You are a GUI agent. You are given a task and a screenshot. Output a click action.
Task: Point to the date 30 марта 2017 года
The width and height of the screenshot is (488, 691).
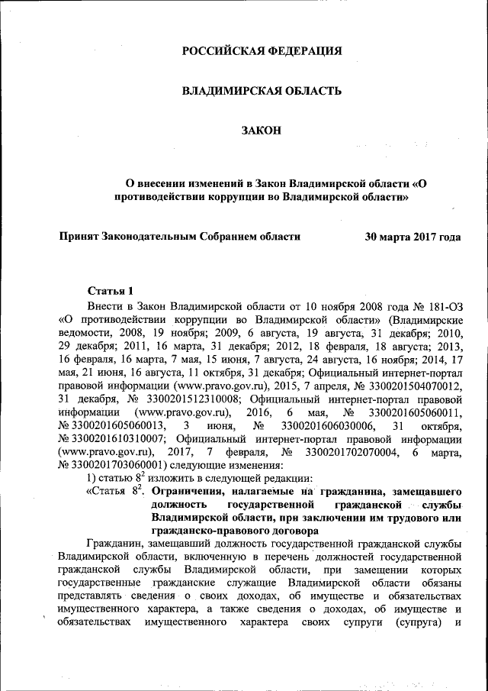click(x=413, y=237)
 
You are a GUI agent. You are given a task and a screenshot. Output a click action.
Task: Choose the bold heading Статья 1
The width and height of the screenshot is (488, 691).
click(x=111, y=290)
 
